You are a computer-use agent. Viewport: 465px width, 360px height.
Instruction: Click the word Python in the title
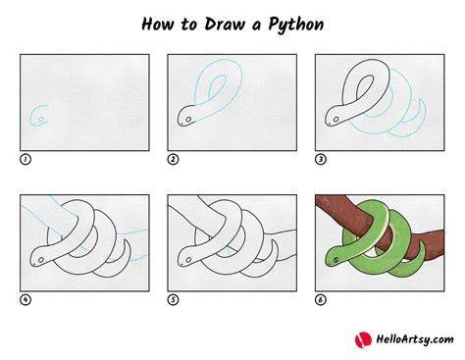[x=296, y=25]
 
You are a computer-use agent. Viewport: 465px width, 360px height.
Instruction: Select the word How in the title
[x=157, y=25]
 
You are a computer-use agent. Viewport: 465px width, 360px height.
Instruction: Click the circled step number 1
[x=26, y=159]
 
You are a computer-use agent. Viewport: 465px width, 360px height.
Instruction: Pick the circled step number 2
[x=173, y=159]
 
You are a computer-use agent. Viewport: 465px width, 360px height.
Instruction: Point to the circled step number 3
[x=321, y=159]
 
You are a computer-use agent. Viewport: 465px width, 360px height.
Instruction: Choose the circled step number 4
[x=26, y=299]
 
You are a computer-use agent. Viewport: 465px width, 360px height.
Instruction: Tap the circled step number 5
[x=173, y=299]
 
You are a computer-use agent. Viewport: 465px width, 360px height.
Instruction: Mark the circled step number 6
[x=321, y=299]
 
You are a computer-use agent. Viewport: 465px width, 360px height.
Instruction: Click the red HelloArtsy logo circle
[x=363, y=340]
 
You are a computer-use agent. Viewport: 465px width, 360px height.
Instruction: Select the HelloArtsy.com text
[x=415, y=339]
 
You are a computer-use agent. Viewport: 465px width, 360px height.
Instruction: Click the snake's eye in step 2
[x=188, y=120]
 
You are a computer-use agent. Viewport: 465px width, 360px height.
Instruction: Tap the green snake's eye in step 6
[x=336, y=260]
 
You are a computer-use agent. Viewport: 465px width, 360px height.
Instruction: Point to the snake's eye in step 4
[x=41, y=260]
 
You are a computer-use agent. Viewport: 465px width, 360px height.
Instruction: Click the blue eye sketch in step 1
[x=41, y=120]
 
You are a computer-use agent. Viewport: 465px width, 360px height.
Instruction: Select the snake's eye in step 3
[x=336, y=120]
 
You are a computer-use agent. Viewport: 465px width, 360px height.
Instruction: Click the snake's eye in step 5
[x=188, y=260]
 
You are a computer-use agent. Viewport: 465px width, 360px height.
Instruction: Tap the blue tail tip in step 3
[x=422, y=100]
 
